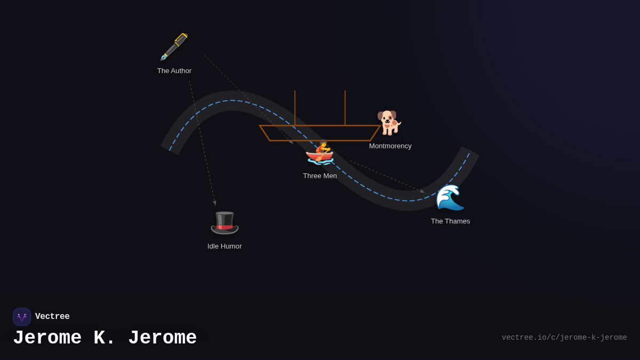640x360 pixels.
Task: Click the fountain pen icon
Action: coord(174,47)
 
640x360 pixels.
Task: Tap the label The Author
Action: coord(174,71)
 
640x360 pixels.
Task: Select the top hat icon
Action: coord(225,222)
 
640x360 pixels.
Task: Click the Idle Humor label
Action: coord(225,246)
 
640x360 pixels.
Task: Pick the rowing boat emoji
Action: coord(320,153)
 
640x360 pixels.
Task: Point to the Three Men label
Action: coord(320,176)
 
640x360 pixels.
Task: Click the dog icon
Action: coord(389,123)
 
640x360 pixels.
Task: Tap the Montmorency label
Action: coord(390,146)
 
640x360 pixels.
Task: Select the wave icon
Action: coord(450,197)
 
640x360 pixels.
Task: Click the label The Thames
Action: coord(451,221)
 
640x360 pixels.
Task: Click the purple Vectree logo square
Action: coord(22,317)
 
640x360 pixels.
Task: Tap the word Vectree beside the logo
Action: coord(52,317)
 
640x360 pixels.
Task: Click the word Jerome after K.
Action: coord(162,338)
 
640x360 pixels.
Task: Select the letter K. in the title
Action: coord(105,338)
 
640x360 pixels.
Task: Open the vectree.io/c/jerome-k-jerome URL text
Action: coord(564,338)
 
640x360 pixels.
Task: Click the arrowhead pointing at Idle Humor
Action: coord(215,203)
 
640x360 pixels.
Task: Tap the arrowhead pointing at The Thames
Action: coord(422,191)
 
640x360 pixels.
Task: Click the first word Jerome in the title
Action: coord(47,338)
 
